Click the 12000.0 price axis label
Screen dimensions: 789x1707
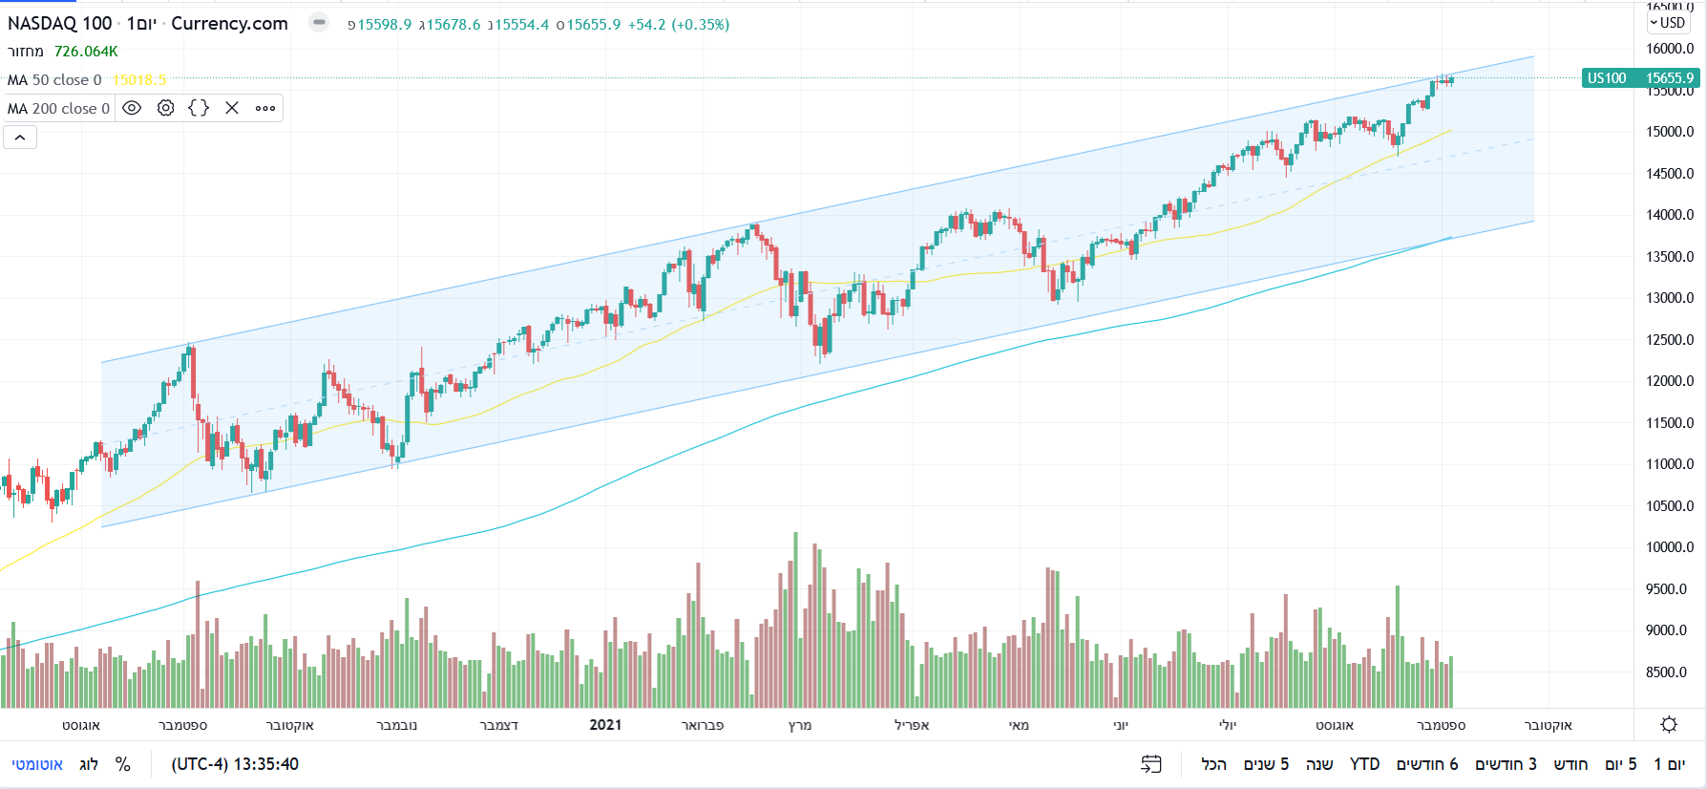click(1669, 381)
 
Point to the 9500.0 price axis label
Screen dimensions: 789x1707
click(1669, 589)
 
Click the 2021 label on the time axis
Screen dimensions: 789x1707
click(605, 725)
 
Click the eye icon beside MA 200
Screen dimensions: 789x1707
click(132, 108)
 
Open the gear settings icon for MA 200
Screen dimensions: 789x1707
click(165, 108)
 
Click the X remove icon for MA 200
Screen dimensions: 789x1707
click(232, 108)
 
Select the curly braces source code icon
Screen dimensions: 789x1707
click(199, 108)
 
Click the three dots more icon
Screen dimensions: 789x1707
click(265, 108)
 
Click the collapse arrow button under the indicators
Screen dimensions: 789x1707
click(20, 138)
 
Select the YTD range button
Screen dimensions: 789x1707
click(1364, 764)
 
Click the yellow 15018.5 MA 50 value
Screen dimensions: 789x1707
click(139, 80)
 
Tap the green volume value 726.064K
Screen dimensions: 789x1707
click(86, 52)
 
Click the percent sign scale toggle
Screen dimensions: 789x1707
click(122, 764)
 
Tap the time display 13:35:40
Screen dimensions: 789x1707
click(235, 764)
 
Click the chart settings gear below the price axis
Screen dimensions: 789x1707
click(1669, 724)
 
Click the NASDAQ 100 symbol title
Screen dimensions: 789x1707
click(59, 24)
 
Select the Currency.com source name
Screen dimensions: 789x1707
click(229, 24)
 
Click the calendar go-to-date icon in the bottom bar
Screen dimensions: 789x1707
click(1151, 764)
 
